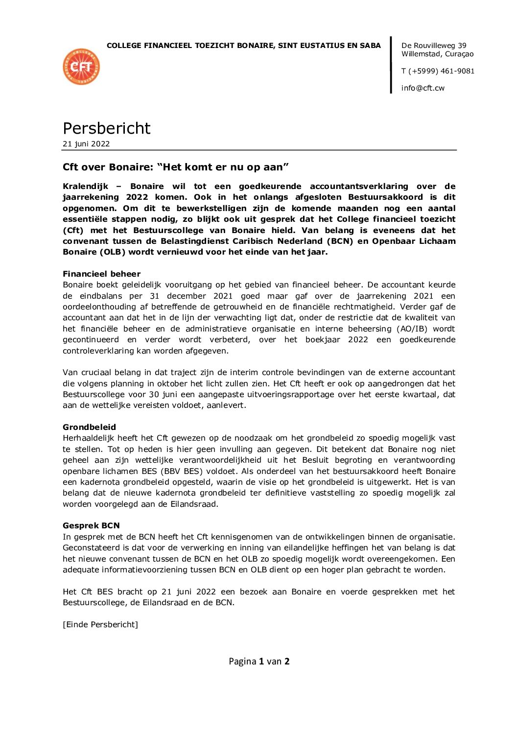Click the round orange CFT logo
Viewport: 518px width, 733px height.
(81, 67)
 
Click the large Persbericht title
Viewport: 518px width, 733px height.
(106, 128)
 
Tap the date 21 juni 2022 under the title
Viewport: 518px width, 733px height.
(86, 144)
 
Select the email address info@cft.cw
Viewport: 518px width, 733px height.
(423, 88)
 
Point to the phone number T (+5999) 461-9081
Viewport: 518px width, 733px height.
(438, 71)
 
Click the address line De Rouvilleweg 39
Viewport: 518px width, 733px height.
(434, 46)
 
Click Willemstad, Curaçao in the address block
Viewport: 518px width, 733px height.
(437, 54)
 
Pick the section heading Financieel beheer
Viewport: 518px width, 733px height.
(101, 274)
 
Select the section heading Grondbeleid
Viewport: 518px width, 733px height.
(89, 427)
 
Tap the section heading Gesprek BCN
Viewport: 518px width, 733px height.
(91, 525)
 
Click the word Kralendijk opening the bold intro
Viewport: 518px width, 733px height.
(85, 186)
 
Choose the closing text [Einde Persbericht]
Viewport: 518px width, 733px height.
(100, 624)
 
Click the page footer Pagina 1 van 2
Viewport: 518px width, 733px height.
(259, 662)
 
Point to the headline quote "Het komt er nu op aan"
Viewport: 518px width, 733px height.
(223, 167)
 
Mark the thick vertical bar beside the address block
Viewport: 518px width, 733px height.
(391, 65)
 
